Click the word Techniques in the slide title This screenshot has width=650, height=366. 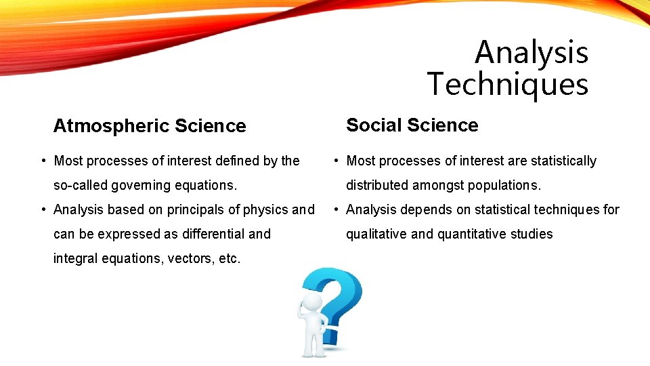click(x=508, y=85)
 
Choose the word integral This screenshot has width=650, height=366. click(x=75, y=258)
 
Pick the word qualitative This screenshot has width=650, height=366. click(x=376, y=234)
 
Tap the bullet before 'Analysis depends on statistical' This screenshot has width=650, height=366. click(x=336, y=209)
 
